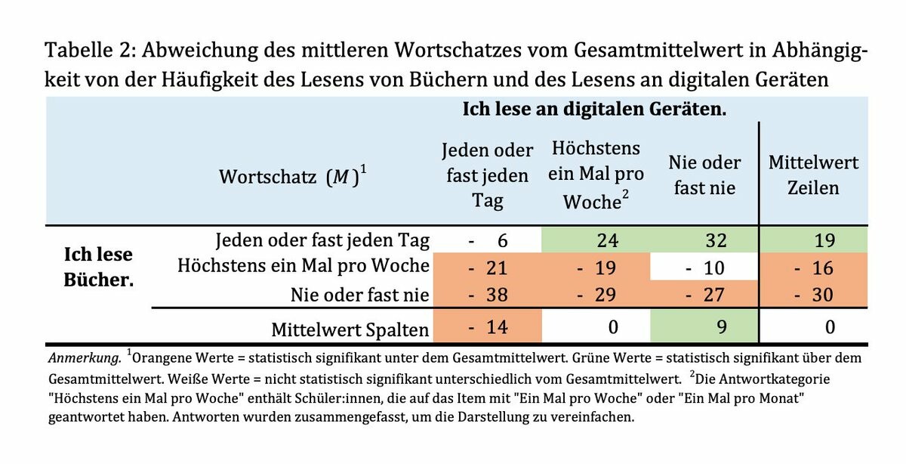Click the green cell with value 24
(x=596, y=241)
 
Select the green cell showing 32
(x=704, y=241)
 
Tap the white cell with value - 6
(x=488, y=241)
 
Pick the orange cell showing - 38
(x=488, y=294)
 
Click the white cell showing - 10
(x=704, y=268)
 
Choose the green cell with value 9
(x=704, y=328)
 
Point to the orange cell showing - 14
(x=488, y=328)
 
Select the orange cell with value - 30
(x=814, y=294)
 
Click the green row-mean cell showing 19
(x=814, y=241)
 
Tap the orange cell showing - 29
(x=596, y=294)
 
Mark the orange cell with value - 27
(x=704, y=294)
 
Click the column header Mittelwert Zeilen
(x=813, y=175)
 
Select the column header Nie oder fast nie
(x=704, y=175)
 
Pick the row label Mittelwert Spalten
(x=350, y=329)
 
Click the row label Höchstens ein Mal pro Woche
(x=303, y=267)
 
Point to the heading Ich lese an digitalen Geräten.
(x=594, y=109)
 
